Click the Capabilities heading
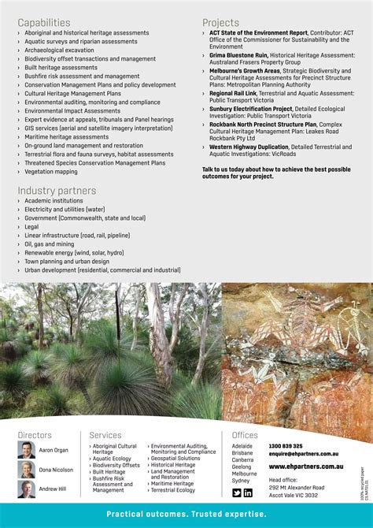[44, 23]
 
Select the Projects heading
[220, 23]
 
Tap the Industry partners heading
[57, 191]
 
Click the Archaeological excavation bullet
[59, 50]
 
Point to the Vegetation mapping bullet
[51, 171]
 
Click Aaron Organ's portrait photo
[26, 450]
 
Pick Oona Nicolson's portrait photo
[26, 470]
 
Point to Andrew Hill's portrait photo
[26, 489]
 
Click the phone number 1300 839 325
[286, 446]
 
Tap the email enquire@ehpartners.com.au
[304, 455]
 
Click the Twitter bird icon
[237, 493]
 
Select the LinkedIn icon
[248, 493]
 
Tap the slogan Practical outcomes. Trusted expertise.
[186, 515]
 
